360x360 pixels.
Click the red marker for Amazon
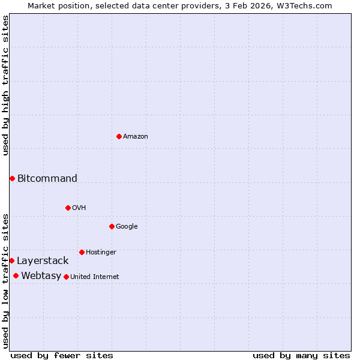(119, 136)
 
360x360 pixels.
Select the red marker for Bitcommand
(12, 178)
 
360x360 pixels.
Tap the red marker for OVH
(68, 208)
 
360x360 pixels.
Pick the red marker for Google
(112, 226)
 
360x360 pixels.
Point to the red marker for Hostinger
(82, 252)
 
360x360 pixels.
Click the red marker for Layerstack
(11, 260)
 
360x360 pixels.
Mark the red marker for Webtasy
(16, 275)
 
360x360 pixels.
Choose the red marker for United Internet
(66, 277)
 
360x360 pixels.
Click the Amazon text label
(136, 137)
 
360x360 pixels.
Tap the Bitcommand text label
(47, 178)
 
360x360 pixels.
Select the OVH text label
(79, 208)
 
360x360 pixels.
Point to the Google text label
(127, 227)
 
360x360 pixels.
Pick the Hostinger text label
(101, 253)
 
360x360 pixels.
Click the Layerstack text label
(43, 261)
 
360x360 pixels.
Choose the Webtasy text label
(41, 276)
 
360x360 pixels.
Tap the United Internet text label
(95, 277)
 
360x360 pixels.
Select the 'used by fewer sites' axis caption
(62, 355)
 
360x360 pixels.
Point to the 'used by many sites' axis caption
(301, 355)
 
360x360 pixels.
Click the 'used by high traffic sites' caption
(5, 85)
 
